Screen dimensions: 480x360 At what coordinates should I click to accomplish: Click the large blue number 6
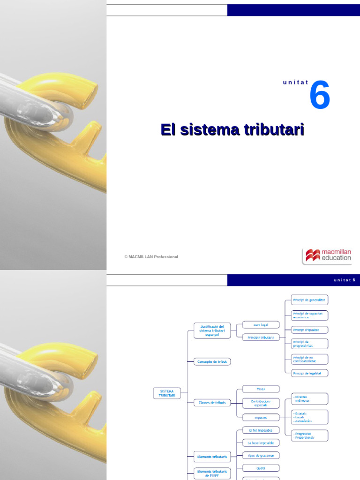point(320,96)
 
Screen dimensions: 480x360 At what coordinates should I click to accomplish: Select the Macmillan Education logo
point(327,256)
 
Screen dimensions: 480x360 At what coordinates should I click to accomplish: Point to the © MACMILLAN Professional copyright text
point(151,257)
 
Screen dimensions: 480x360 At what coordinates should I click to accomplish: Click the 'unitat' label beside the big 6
point(295,82)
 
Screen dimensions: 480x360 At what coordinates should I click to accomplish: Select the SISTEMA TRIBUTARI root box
point(167,393)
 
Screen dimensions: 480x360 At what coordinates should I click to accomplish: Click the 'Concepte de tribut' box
point(212,361)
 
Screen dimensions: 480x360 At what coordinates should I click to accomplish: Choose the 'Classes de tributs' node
point(212,402)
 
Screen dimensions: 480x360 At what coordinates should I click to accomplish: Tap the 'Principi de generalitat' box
point(309,300)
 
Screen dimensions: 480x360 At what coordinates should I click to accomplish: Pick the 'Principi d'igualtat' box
point(309,330)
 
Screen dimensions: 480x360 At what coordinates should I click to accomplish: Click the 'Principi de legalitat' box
point(309,373)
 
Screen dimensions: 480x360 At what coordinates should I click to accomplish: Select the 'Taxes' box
point(261,389)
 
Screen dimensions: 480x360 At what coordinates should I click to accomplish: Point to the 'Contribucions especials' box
point(261,403)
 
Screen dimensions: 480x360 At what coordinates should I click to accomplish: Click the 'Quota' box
point(261,467)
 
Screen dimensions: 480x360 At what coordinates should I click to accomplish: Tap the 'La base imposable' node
point(261,442)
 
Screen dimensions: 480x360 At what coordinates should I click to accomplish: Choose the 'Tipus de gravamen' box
point(261,455)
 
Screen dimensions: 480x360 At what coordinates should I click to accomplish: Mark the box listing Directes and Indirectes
point(309,398)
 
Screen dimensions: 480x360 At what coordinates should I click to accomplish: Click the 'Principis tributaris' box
point(261,337)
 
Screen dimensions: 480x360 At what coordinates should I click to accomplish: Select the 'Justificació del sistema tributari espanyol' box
point(212,330)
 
